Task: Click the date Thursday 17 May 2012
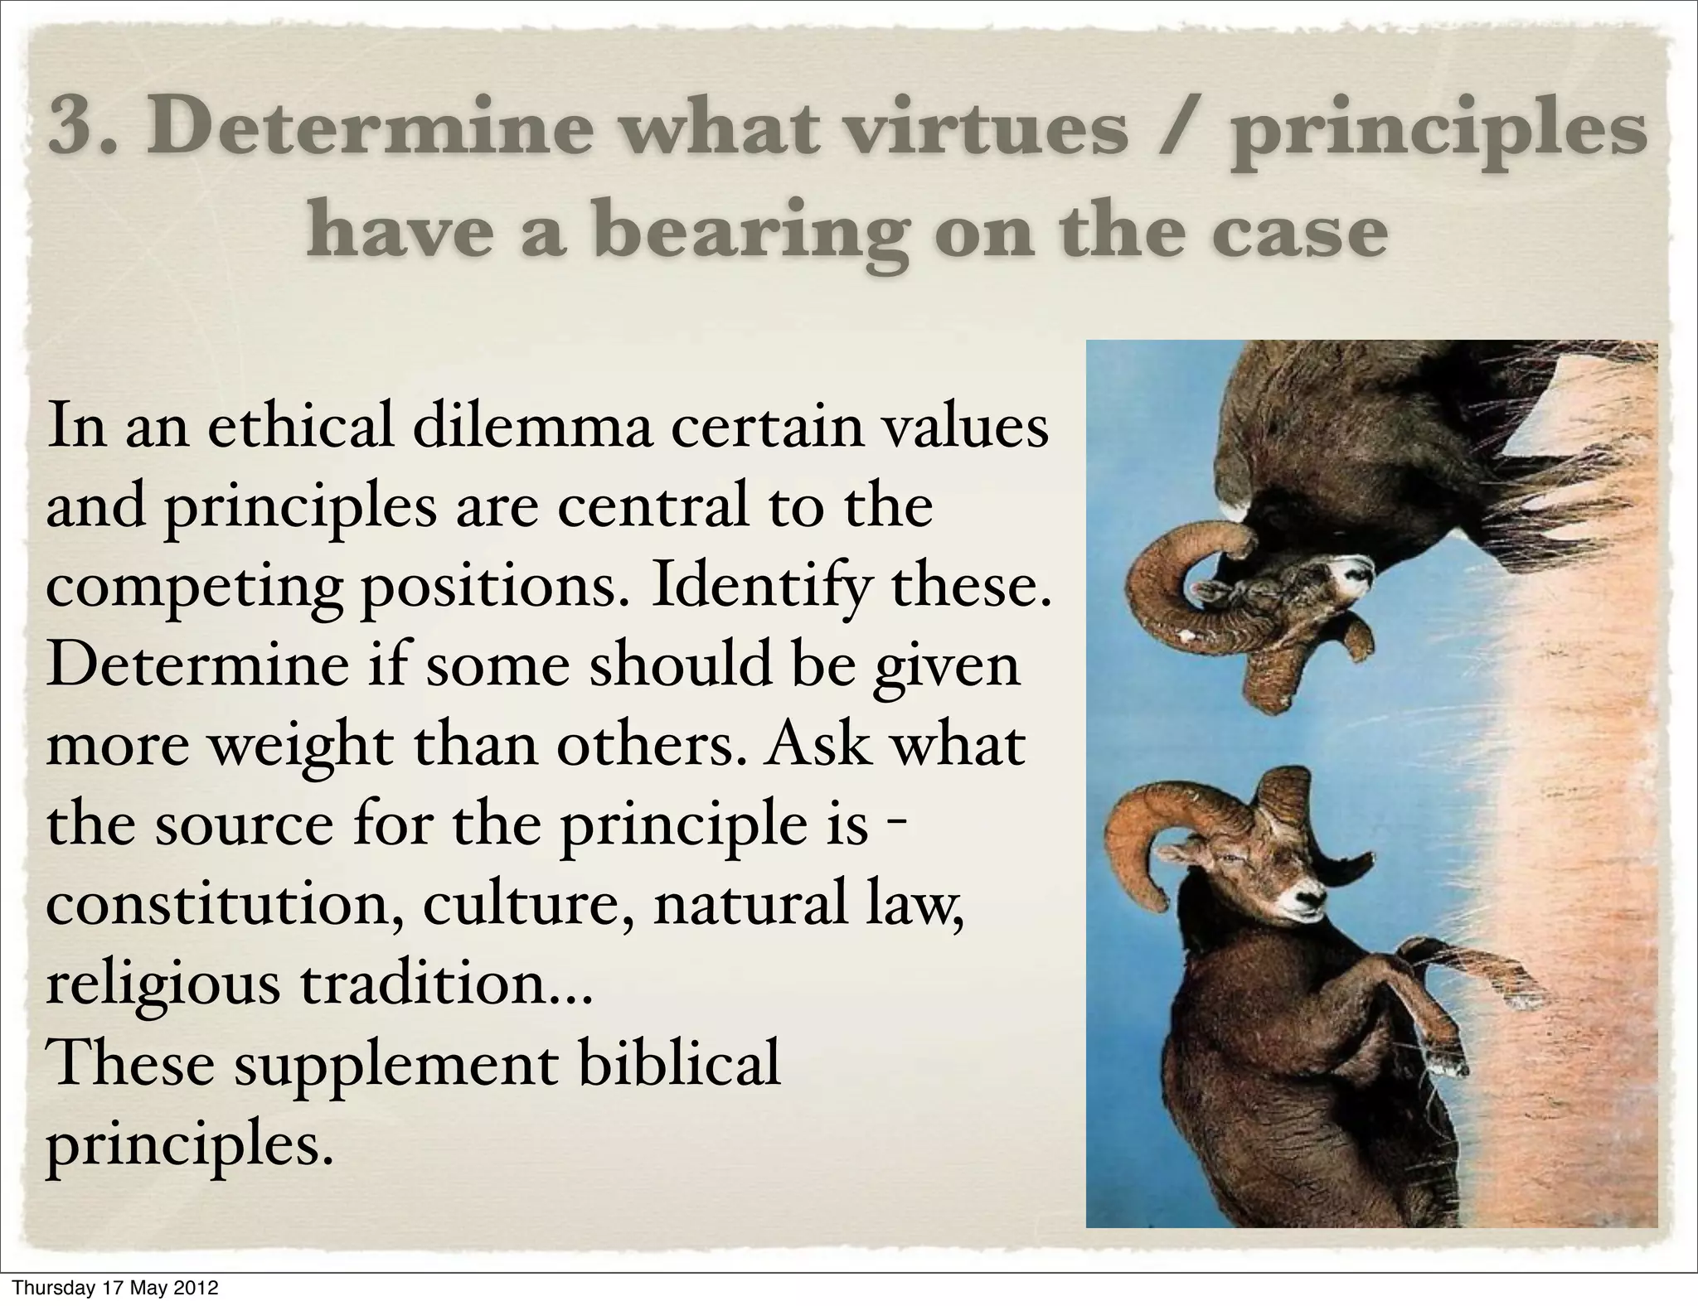(x=116, y=1288)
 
